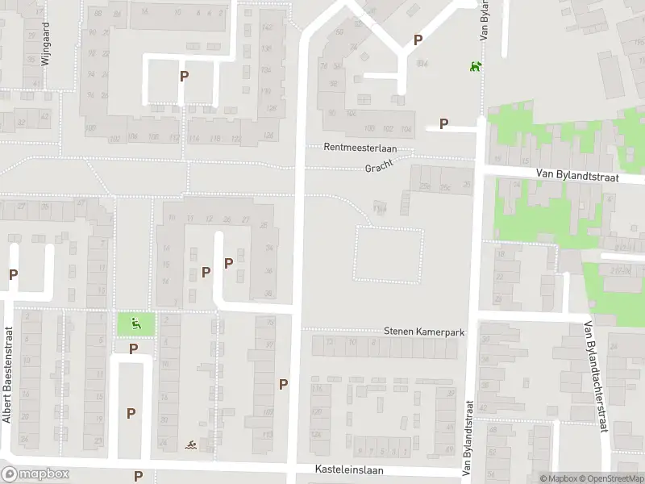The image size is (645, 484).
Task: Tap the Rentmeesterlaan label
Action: [x=360, y=148]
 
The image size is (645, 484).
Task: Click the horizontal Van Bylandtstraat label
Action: [x=577, y=175]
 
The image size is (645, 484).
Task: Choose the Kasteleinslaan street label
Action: [x=350, y=469]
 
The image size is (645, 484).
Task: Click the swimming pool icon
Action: [x=189, y=445]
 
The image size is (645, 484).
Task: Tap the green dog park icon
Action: [x=476, y=65]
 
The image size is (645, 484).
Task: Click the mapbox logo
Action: [x=35, y=474]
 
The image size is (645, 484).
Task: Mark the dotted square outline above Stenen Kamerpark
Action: [x=389, y=255]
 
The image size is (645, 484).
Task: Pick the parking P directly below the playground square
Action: [x=134, y=349]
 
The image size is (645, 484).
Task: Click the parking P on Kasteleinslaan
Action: [x=138, y=476]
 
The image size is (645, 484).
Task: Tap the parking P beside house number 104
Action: [x=443, y=123]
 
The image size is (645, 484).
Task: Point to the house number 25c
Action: [x=445, y=187]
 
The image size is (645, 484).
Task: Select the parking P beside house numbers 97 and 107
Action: [x=283, y=385]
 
